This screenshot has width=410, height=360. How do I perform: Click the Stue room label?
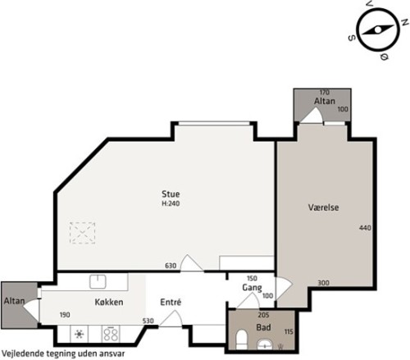tap(171, 194)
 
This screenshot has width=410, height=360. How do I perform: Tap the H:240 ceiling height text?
tap(171, 203)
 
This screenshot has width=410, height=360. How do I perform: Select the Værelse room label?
tap(323, 207)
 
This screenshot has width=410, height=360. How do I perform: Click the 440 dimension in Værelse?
tap(365, 227)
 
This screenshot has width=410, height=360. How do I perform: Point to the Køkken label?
tap(109, 302)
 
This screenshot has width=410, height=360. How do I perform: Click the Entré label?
tap(171, 302)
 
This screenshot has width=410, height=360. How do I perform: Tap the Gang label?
tap(252, 288)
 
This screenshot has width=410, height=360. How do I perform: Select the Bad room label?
tap(263, 327)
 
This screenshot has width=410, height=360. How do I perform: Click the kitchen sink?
tap(98, 281)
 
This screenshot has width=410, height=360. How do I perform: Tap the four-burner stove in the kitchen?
tap(111, 334)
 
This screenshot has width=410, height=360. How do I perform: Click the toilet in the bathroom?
tap(241, 339)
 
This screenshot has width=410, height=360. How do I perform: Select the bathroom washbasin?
tap(265, 344)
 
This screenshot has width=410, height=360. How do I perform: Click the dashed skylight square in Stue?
tap(82, 233)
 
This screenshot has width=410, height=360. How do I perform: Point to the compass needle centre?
tap(378, 30)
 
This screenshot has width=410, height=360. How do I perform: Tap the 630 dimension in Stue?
tap(171, 266)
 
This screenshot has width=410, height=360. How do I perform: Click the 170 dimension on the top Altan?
tap(324, 93)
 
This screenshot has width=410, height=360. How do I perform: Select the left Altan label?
tap(14, 301)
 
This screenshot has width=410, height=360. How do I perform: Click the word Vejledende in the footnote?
tap(23, 353)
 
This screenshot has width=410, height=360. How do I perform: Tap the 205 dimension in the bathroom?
tap(263, 315)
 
